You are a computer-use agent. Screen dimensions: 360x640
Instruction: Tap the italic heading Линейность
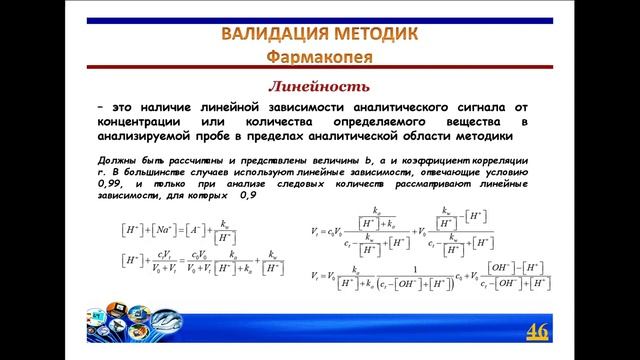point(322,86)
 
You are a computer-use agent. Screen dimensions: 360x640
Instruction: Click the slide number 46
point(537,331)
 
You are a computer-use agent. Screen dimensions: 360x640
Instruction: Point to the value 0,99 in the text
point(111,184)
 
